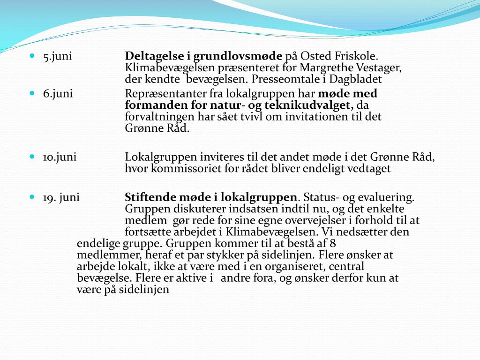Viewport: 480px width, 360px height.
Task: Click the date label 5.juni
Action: click(x=57, y=57)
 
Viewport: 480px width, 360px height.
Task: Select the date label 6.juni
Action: click(x=58, y=94)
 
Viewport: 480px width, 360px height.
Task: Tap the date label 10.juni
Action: click(x=60, y=157)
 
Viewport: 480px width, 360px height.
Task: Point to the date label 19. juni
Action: click(x=61, y=197)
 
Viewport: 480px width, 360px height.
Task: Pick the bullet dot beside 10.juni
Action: click(x=32, y=157)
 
